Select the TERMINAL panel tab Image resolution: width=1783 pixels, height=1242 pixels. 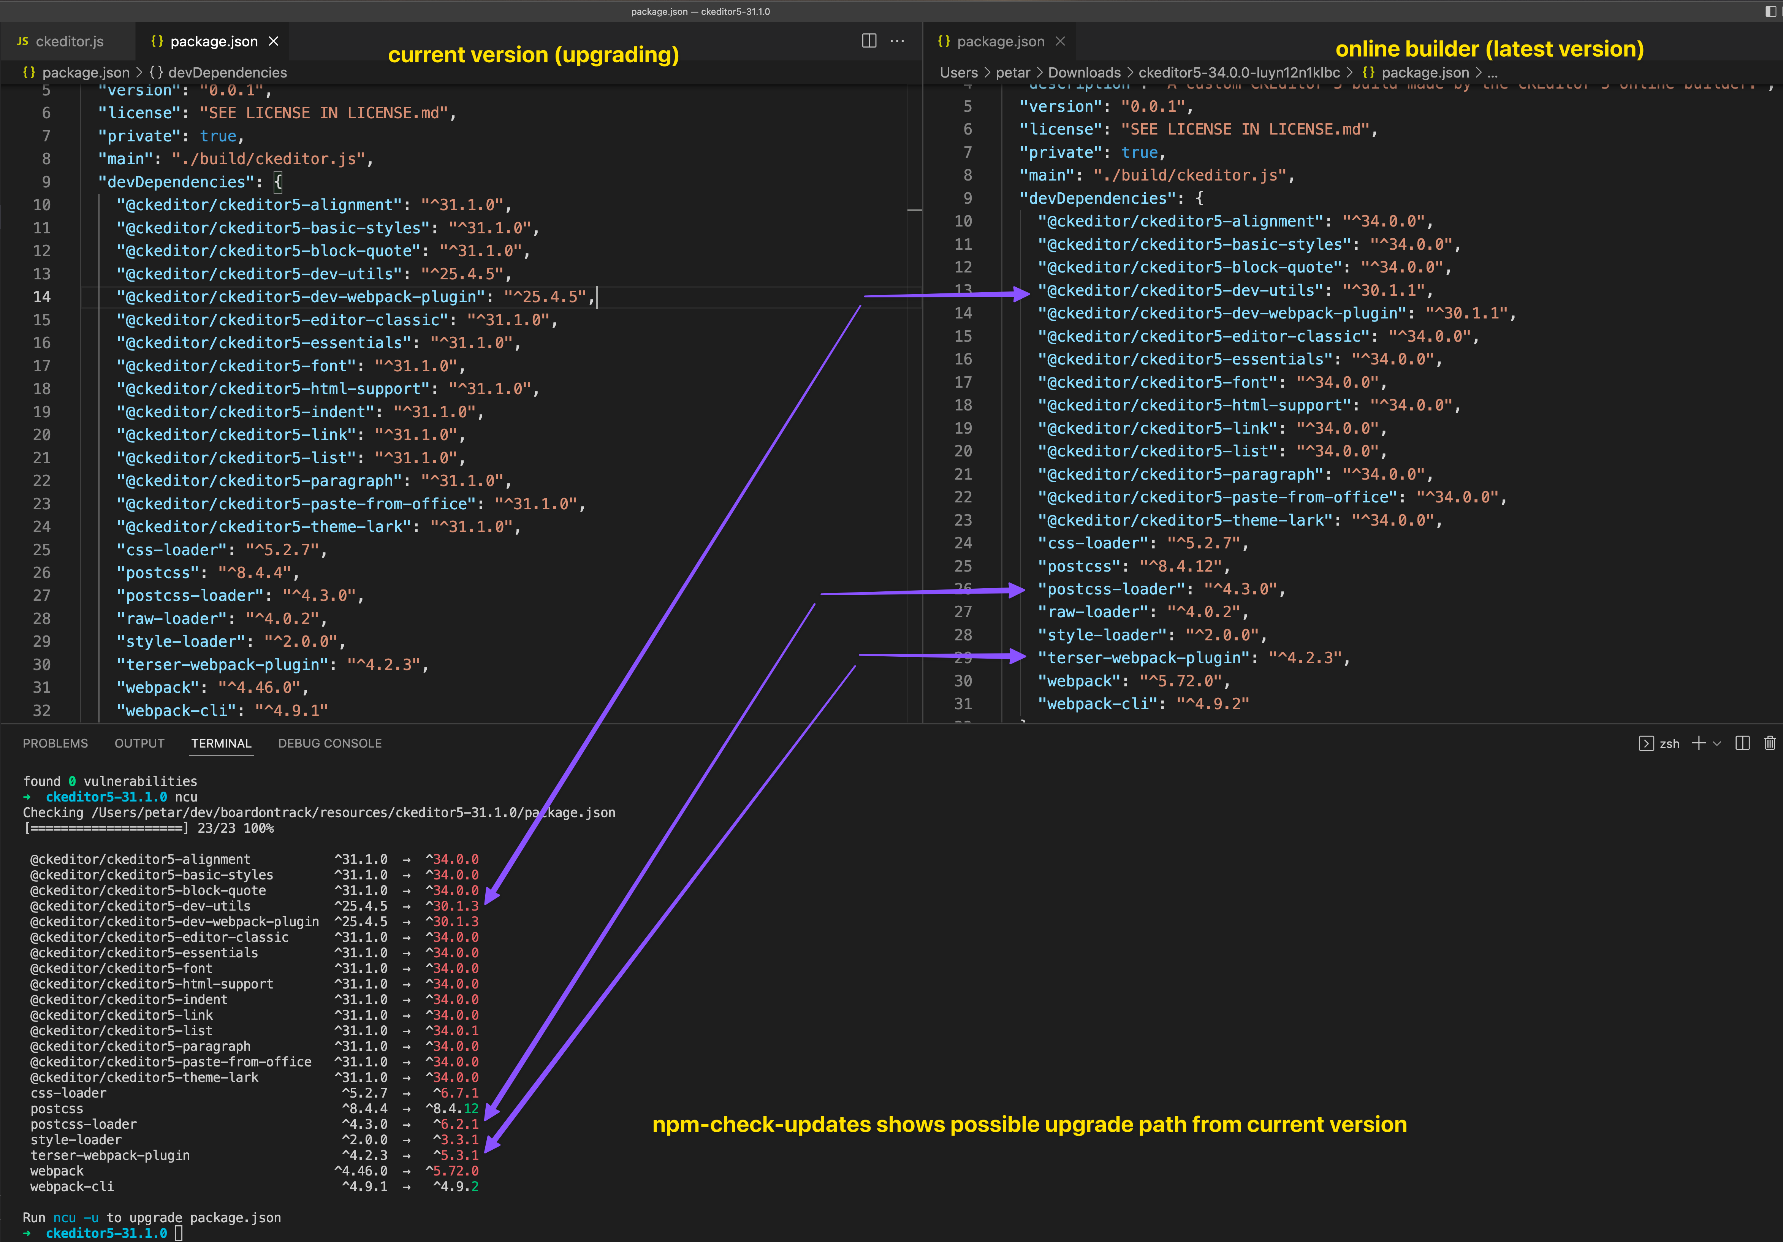(221, 743)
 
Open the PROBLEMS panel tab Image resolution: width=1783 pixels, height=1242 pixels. (55, 743)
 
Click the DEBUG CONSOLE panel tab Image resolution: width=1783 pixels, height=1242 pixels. (330, 743)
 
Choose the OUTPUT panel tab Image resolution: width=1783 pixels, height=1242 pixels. (140, 743)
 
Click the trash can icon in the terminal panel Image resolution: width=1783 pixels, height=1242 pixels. (1770, 743)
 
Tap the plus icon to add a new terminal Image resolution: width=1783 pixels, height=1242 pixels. (1698, 743)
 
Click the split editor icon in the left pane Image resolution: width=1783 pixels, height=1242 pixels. (869, 41)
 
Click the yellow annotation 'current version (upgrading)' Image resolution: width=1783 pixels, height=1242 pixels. (534, 54)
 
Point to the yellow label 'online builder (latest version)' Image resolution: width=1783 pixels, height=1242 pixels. (1490, 49)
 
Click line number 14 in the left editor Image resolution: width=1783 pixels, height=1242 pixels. (42, 297)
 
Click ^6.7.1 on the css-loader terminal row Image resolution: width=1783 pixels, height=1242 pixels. (456, 1093)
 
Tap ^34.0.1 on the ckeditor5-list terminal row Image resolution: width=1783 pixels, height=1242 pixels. (453, 1031)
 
